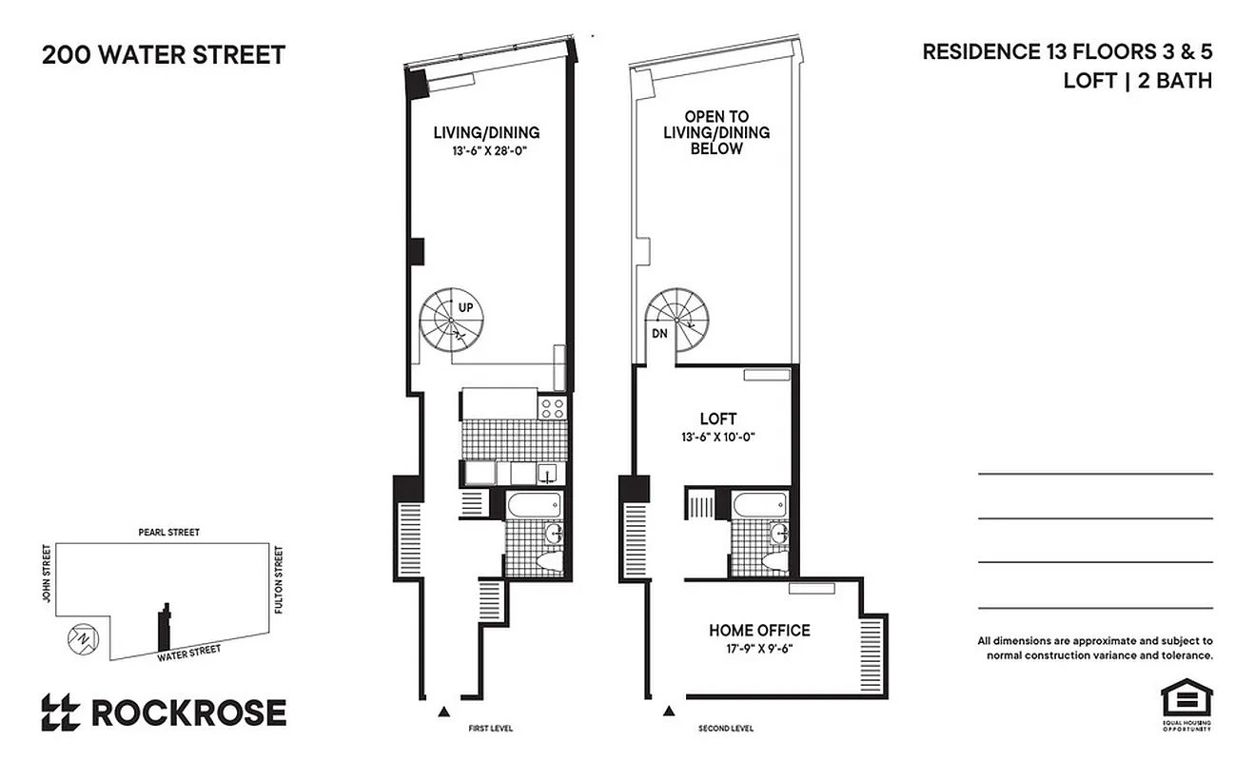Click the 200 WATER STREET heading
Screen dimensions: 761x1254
[x=163, y=54]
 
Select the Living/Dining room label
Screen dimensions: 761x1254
[x=486, y=132]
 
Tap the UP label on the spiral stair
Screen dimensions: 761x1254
[x=466, y=307]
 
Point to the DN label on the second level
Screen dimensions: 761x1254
[x=657, y=334]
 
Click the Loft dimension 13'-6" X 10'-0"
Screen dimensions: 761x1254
[x=717, y=438]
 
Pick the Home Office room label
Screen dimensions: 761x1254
[x=759, y=630]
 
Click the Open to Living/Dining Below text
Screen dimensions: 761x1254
[x=715, y=133]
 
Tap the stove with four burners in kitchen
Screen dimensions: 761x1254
[x=552, y=408]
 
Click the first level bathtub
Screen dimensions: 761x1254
[x=534, y=505]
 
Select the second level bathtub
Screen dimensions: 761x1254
[x=759, y=505]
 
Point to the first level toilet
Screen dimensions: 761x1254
[x=551, y=562]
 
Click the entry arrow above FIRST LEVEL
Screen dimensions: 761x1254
[x=443, y=711]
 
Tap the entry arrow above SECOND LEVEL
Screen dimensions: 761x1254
[x=669, y=711]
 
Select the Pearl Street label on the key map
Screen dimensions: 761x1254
[x=167, y=533]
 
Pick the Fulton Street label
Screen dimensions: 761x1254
[x=279, y=578]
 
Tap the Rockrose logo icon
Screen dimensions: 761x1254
[x=60, y=712]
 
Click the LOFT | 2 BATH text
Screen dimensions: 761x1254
[x=1137, y=81]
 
